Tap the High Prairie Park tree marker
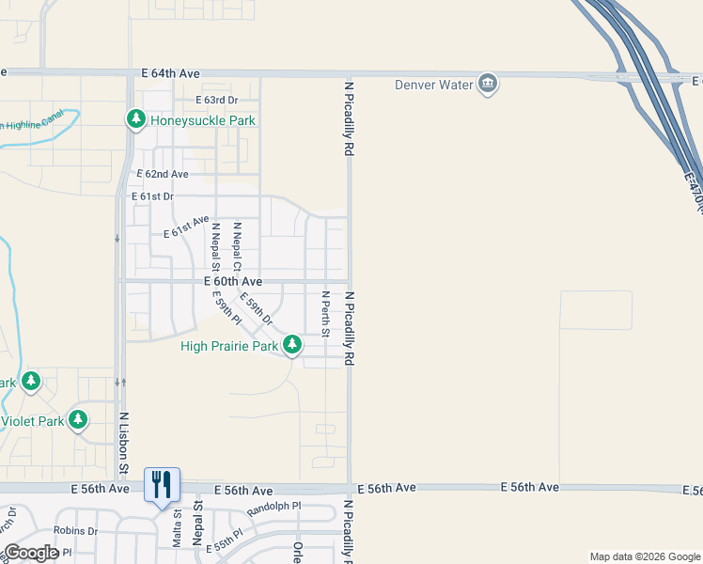(292, 345)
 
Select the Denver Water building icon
(488, 85)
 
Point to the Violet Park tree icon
(79, 420)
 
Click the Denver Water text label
(432, 86)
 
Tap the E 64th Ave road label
(171, 72)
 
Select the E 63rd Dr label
(217, 100)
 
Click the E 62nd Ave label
(163, 175)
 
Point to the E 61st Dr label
(153, 196)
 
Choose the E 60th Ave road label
(232, 281)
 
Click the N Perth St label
(326, 314)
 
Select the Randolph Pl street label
(273, 509)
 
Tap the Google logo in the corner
(31, 553)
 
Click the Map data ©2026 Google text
(644, 556)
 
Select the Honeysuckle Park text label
(203, 120)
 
